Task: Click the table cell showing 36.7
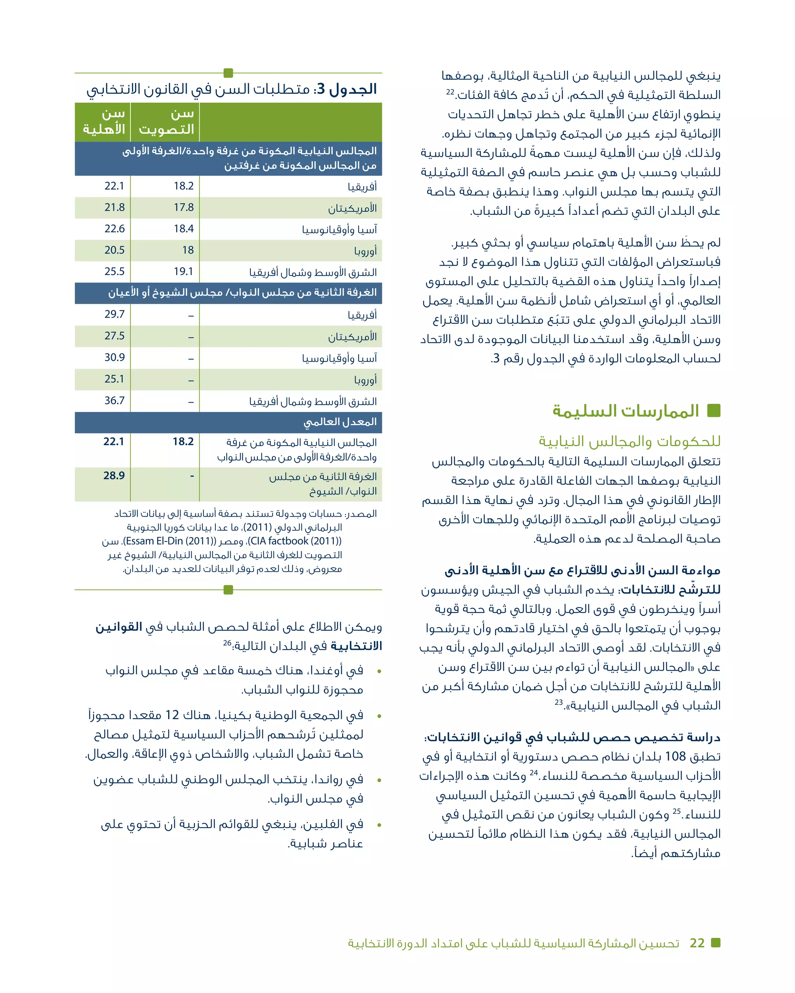coord(114,400)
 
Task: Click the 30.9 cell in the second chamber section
coord(114,357)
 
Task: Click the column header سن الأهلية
coord(104,121)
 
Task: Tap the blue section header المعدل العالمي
coord(340,422)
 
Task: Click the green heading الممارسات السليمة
coord(625,411)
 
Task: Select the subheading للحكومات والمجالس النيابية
coord(629,441)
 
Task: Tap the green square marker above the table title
coord(228,73)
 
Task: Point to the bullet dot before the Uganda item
coord(379,671)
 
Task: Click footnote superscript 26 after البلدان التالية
coord(227,643)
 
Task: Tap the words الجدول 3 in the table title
coord(352,89)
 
